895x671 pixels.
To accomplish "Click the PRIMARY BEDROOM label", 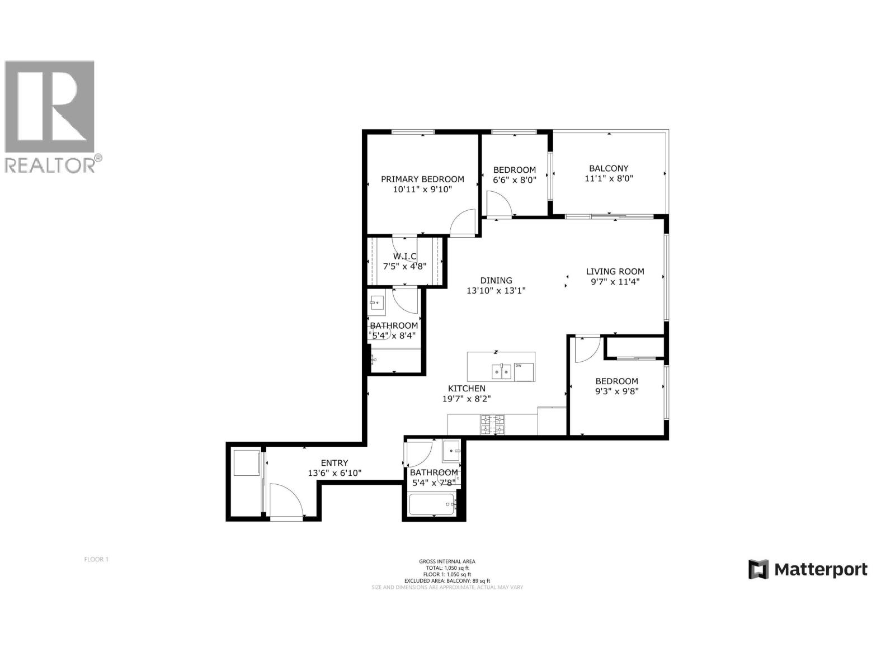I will pos(422,179).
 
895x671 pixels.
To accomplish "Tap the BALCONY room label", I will pos(609,168).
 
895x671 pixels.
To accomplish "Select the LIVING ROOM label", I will pos(615,272).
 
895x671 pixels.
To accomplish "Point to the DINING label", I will pos(496,281).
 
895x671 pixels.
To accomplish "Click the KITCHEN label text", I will pos(467,389).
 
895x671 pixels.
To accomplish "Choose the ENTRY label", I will pos(335,463).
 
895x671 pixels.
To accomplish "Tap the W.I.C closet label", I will pos(404,256).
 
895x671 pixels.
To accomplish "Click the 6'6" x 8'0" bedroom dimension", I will pos(515,180).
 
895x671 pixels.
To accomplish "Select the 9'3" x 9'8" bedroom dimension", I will pos(616,391).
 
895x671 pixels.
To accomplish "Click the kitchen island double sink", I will pos(501,371).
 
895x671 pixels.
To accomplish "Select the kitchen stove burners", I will pos(492,424).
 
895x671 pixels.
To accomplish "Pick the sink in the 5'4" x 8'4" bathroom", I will pos(376,304).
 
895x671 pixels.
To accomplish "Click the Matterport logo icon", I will pos(758,569).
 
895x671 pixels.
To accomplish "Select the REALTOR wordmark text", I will pos(50,165).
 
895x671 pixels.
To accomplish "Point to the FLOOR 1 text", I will pos(96,559).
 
